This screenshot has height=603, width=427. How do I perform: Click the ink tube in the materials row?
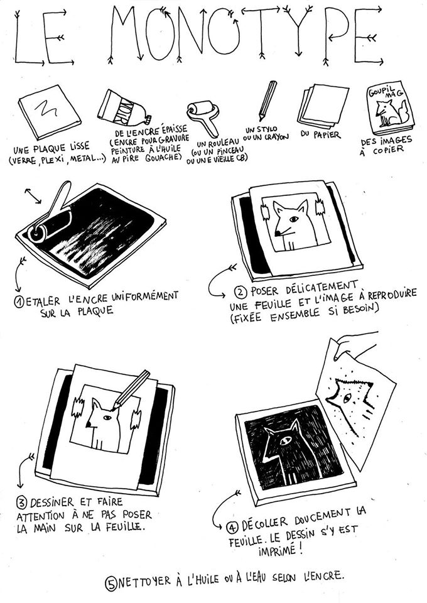click(124, 108)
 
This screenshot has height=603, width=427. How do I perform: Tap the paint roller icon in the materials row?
click(203, 115)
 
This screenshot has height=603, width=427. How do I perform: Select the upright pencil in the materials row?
click(268, 100)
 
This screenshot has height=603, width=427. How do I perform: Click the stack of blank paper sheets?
click(324, 106)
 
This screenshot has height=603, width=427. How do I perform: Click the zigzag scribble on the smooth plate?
click(46, 108)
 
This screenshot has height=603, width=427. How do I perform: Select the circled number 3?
click(22, 503)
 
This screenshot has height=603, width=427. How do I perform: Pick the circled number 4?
click(232, 527)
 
